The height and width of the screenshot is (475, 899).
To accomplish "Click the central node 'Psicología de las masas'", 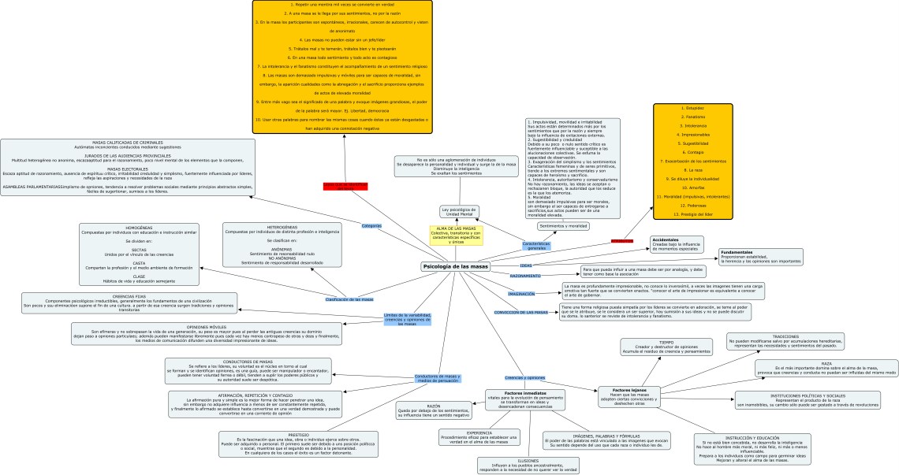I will pos(456,266).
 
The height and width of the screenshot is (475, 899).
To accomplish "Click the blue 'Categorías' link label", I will pos(371,226).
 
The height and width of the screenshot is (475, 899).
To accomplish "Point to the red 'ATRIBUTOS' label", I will pos(622,240).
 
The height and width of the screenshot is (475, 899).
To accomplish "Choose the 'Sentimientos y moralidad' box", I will pos(563,226).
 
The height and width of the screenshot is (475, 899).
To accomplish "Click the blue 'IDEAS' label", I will pos(526,265).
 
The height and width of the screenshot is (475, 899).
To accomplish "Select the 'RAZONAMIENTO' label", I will pos(525,276).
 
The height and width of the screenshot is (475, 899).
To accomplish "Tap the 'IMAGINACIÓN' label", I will pos(521,294).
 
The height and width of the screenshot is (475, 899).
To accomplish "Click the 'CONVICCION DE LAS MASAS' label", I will pos(520,313).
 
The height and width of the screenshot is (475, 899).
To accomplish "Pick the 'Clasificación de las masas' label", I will pos(349,299).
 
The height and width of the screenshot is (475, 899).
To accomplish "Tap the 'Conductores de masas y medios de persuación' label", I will pos(436,379).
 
